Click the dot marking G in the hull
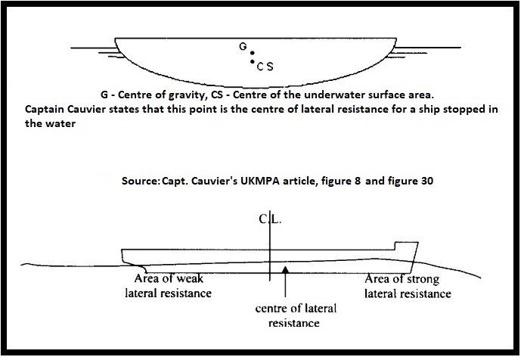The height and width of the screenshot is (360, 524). pyautogui.click(x=253, y=53)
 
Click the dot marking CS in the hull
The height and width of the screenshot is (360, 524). pyautogui.click(x=252, y=62)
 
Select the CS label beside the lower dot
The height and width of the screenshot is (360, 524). pyautogui.click(x=265, y=67)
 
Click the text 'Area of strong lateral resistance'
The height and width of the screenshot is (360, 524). pyautogui.click(x=408, y=287)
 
